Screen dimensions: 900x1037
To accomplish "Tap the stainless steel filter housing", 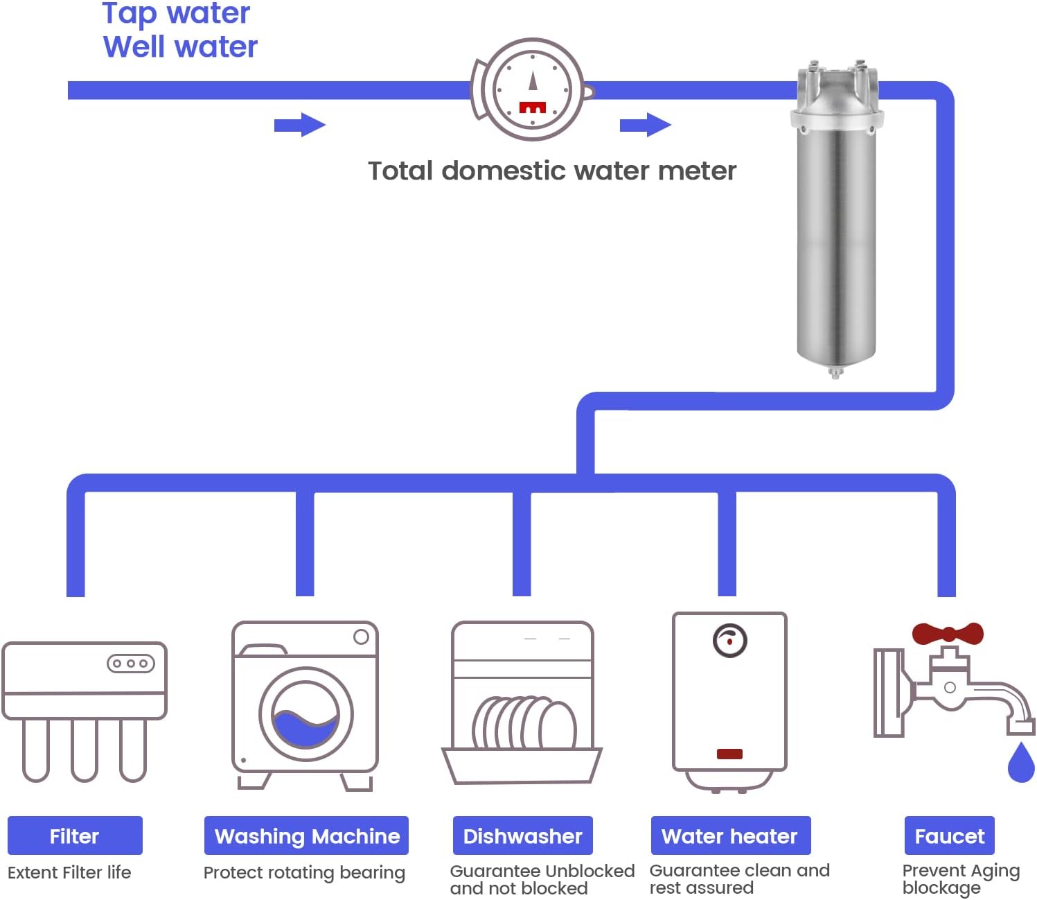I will point(836,229).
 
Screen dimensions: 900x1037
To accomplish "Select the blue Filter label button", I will point(75,836).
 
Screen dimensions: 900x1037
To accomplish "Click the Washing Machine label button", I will point(306,836).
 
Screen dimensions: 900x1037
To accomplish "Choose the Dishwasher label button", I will point(522,836).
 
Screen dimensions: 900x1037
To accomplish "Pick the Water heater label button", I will point(730,836).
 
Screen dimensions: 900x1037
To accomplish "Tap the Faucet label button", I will point(949,836).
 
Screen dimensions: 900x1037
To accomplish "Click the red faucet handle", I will point(947,633).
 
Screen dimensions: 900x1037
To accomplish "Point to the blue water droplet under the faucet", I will point(1020,763).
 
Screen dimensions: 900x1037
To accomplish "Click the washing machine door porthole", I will point(305,714).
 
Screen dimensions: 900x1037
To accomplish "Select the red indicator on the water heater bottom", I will point(729,754).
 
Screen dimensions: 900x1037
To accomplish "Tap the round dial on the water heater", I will point(729,641).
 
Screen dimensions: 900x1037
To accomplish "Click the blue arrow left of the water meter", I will point(299,125).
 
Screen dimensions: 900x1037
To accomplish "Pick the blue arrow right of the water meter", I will point(645,125).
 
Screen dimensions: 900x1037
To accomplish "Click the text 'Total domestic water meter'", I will point(551,171).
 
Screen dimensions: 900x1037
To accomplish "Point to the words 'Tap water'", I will point(176,13).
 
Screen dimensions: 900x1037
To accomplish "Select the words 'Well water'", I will point(180,47).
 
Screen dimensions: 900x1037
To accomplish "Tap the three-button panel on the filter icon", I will point(130,664).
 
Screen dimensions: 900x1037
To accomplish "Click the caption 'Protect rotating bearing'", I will point(304,872).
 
